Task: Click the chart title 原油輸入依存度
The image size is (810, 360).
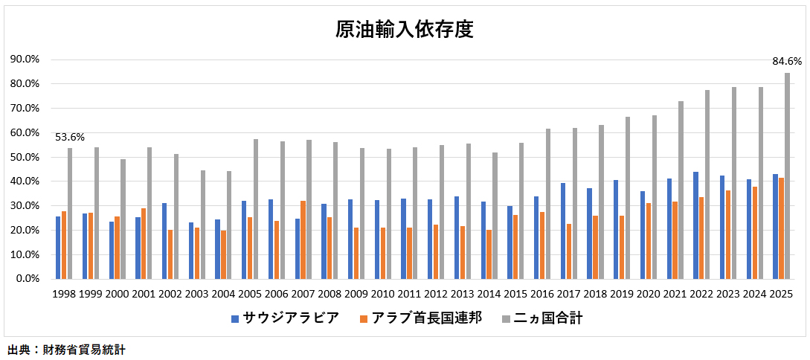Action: tap(405, 30)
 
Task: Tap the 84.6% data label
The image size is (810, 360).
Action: tap(787, 61)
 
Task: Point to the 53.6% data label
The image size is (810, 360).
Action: tap(70, 137)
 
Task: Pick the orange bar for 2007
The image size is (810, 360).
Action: tap(303, 240)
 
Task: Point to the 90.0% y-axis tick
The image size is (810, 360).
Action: tap(25, 60)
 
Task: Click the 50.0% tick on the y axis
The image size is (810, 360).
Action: tap(25, 157)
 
